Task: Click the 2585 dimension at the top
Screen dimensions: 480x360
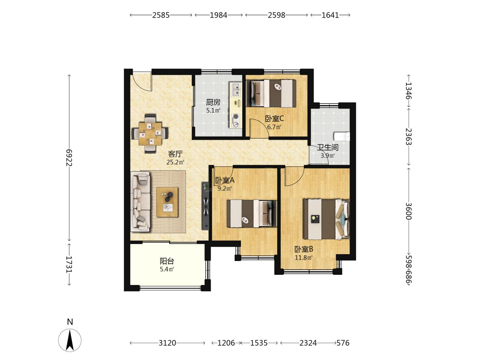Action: (161, 15)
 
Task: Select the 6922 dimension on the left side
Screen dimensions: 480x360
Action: (69, 158)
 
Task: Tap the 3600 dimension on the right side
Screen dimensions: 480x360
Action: (408, 211)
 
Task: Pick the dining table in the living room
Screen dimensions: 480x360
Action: (150, 134)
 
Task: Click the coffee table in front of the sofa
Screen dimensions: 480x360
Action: (167, 202)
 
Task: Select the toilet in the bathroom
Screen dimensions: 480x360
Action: (341, 136)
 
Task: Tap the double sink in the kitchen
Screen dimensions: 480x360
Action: (236, 89)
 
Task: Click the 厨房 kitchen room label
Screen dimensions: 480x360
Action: (213, 102)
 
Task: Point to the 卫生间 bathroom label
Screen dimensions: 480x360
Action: (328, 147)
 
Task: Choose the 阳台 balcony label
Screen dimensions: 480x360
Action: (167, 261)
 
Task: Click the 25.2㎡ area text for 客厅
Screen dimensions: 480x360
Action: (175, 162)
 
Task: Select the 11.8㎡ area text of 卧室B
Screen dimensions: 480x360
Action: (304, 258)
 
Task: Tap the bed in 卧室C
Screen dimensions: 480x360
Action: (271, 93)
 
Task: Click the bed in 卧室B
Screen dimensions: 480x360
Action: (326, 219)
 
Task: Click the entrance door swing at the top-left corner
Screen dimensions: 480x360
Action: (142, 81)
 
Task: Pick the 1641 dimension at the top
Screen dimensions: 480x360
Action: (330, 15)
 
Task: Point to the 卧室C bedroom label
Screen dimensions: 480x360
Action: (274, 119)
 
